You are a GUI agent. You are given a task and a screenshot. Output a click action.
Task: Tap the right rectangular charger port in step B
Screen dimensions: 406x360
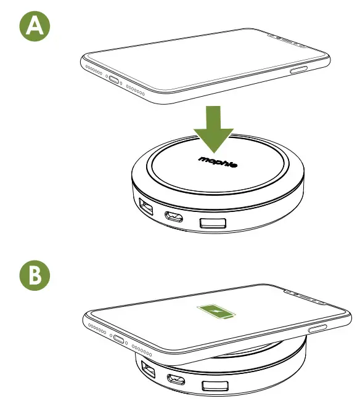pyautogui.click(x=215, y=386)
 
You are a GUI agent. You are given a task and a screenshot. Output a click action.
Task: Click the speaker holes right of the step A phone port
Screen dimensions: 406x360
pyautogui.click(x=137, y=87)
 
